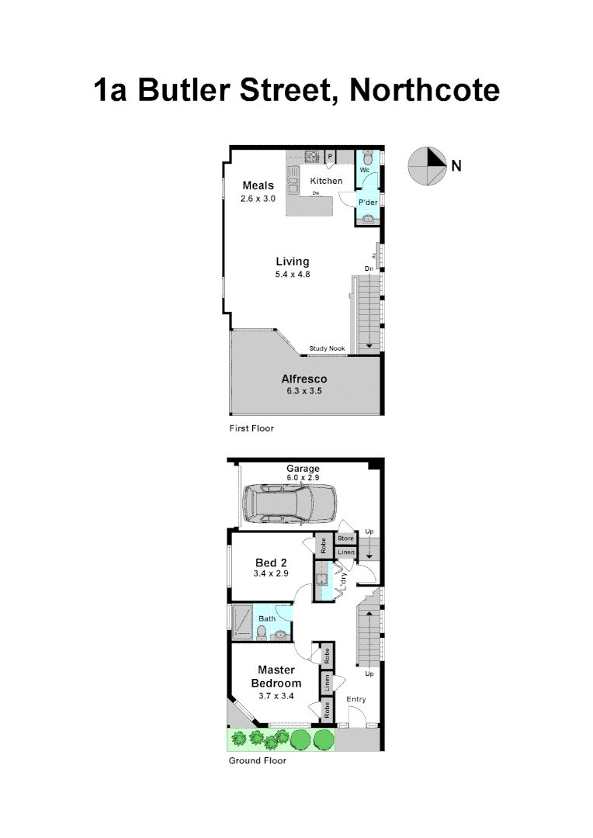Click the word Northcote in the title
[425, 90]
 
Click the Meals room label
[258, 185]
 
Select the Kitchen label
[326, 181]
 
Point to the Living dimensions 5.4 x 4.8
[293, 275]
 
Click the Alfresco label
[303, 379]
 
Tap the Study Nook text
[327, 348]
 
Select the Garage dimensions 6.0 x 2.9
[303, 480]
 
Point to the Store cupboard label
[345, 538]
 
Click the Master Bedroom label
[276, 677]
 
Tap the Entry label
[356, 699]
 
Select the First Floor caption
[251, 428]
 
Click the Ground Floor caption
[257, 760]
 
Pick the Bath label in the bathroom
[266, 618]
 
